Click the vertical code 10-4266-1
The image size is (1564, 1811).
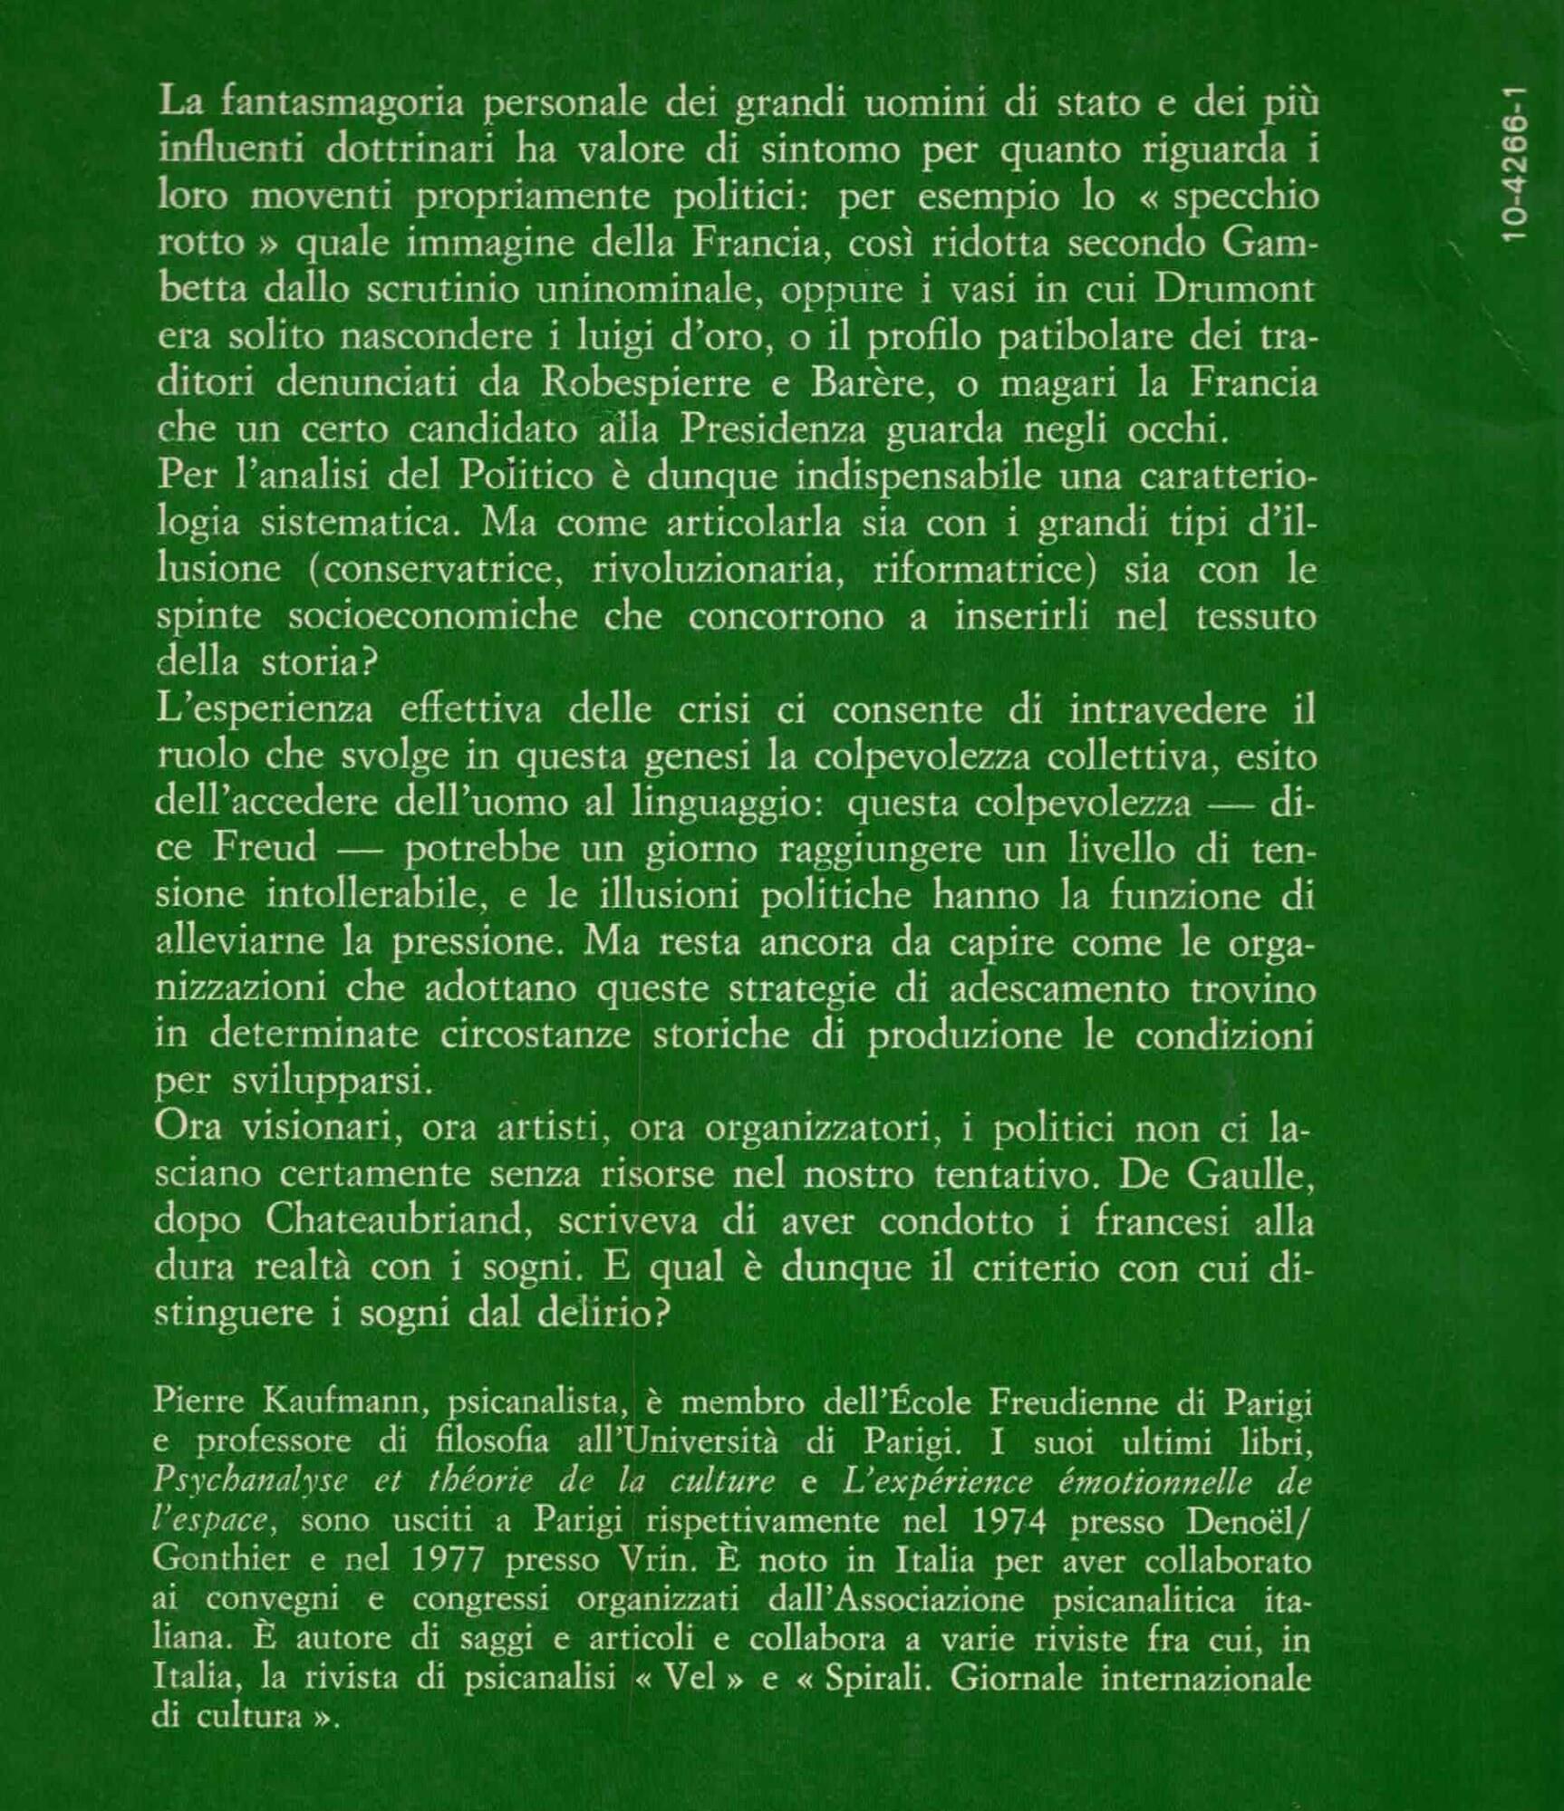pyautogui.click(x=1514, y=164)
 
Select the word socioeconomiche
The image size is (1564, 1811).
pyautogui.click(x=433, y=617)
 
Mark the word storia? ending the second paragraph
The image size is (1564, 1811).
pyautogui.click(x=319, y=663)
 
